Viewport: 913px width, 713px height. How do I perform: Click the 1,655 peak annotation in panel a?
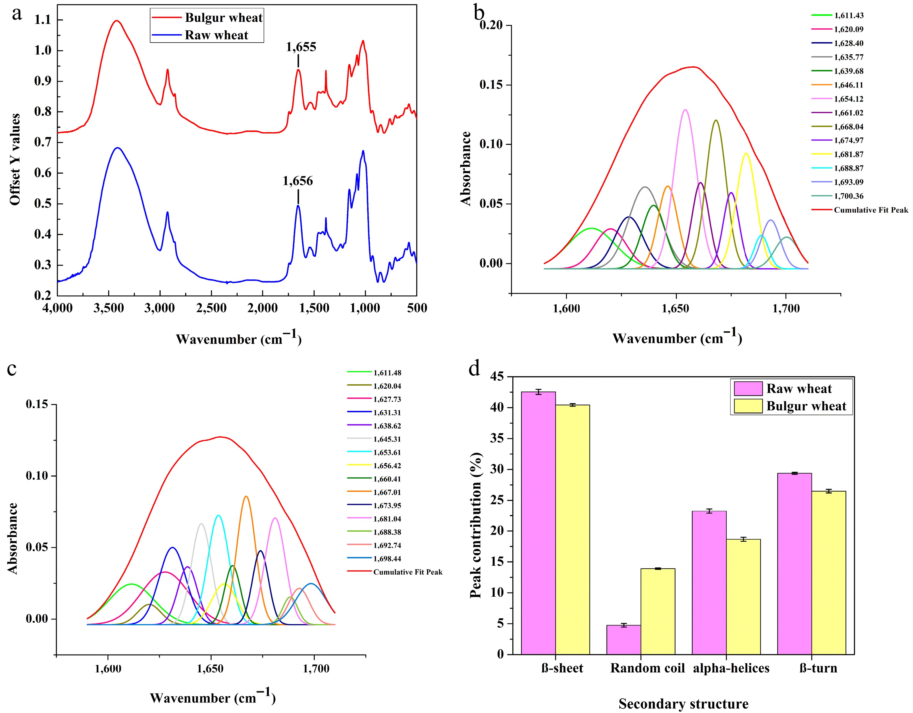pos(301,47)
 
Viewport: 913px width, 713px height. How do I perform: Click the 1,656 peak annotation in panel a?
pos(298,181)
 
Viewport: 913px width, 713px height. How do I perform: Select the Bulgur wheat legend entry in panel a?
pos(224,18)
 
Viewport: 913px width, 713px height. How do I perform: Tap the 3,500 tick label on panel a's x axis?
pos(109,308)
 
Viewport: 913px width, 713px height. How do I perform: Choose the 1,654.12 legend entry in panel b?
pos(848,99)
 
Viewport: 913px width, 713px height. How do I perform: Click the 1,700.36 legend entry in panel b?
pos(848,196)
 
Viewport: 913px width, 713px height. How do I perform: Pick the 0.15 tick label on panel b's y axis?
pos(492,85)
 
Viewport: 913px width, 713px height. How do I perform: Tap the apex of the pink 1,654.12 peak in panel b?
pos(685,110)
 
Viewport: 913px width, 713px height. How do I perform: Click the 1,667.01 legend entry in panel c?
pos(387,492)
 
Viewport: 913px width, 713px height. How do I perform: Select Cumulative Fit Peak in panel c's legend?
pos(407,572)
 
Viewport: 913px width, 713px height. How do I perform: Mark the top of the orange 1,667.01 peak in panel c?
pos(246,496)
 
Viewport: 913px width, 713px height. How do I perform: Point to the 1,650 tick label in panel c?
pos(211,669)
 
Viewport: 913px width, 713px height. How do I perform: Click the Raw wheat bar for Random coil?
pos(623,640)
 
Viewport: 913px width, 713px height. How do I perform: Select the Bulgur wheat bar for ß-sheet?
pos(572,529)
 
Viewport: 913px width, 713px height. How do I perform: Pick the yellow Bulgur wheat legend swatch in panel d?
pos(748,406)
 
